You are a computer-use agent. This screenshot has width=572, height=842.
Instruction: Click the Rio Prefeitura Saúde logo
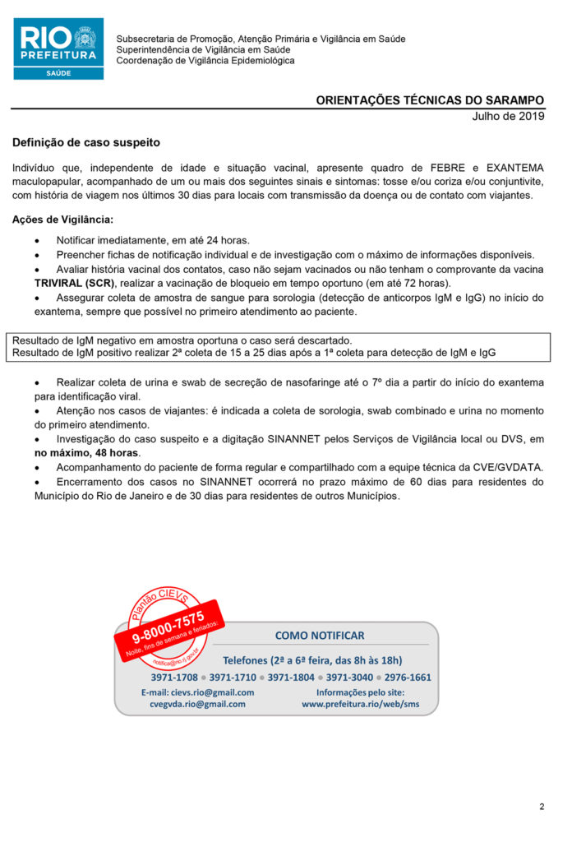(x=58, y=49)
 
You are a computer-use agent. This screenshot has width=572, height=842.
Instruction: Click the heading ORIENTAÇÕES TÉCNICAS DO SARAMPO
(x=430, y=100)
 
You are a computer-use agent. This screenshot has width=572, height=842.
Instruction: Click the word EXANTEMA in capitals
(x=515, y=168)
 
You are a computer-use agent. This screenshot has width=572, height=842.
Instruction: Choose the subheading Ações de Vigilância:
(x=62, y=220)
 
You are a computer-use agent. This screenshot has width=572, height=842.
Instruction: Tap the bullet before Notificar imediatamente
(x=38, y=240)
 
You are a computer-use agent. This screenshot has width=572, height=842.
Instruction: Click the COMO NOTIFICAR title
(x=319, y=636)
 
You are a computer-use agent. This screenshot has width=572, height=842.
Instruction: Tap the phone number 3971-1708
(x=174, y=678)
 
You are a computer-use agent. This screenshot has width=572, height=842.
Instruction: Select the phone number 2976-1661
(x=408, y=678)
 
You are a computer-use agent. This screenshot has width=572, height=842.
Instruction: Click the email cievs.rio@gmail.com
(x=197, y=692)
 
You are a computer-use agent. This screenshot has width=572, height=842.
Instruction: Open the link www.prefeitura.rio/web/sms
(x=360, y=704)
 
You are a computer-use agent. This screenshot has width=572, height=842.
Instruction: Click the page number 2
(x=542, y=807)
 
